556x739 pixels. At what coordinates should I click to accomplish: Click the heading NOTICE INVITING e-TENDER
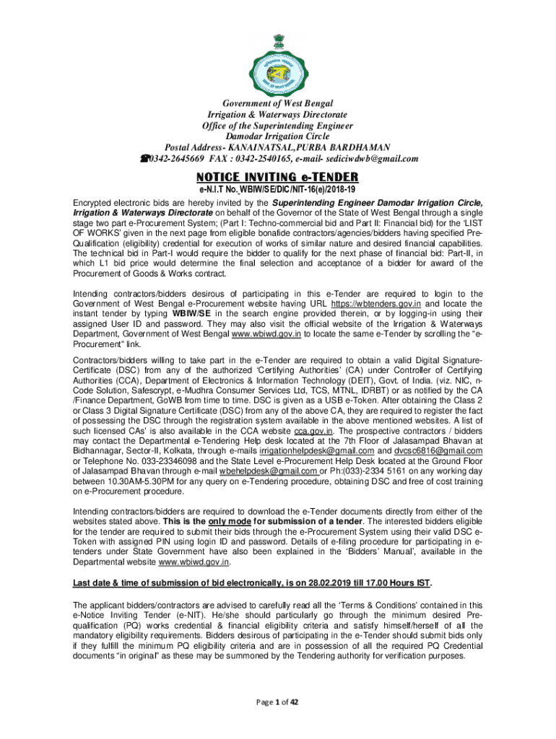277,177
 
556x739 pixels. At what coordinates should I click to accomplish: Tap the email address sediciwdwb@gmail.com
371,159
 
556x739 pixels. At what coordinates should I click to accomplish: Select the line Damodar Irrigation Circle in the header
277,136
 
